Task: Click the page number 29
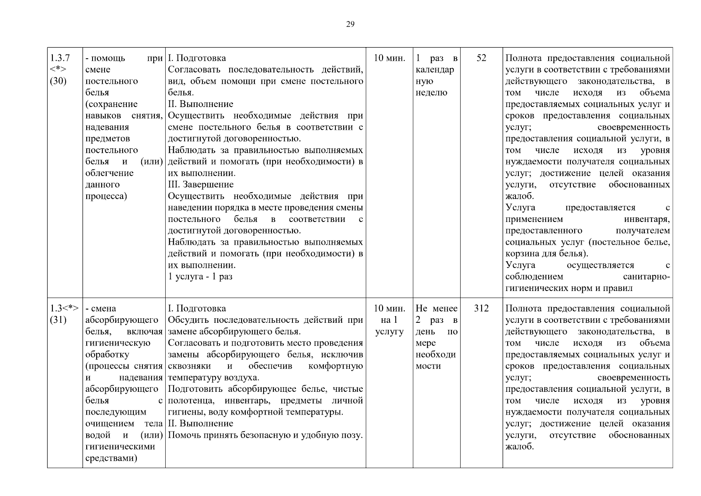[350, 24]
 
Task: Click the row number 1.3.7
[60, 58]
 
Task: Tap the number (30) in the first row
[58, 81]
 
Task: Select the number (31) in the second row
[58, 320]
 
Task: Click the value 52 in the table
[481, 58]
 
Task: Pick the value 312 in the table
[481, 308]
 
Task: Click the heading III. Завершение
[201, 184]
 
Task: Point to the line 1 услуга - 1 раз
[200, 277]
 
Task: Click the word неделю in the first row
[431, 93]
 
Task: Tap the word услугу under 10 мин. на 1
[389, 331]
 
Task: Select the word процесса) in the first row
[106, 196]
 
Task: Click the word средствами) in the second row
[111, 458]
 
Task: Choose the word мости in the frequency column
[428, 366]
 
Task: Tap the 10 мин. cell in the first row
[389, 58]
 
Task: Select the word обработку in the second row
[107, 355]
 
